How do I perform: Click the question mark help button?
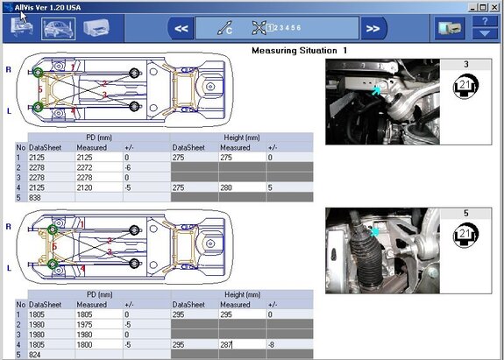tap(483, 28)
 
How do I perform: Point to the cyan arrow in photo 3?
tap(377, 88)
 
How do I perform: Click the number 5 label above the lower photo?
tap(466, 212)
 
